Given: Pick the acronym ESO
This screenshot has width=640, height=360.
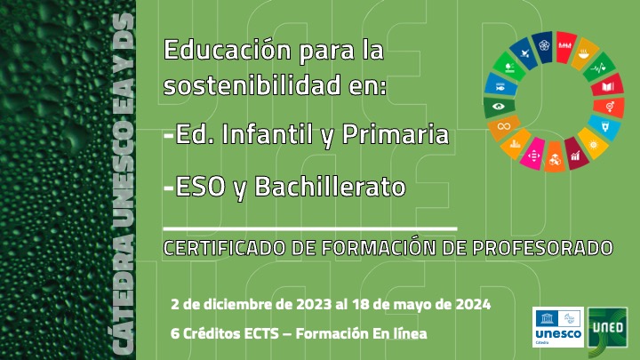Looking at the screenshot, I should click(196, 187).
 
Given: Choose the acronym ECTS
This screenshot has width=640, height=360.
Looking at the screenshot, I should click(254, 333).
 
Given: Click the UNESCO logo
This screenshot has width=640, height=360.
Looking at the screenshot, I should click(557, 326).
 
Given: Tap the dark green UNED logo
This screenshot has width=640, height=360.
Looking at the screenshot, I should click(607, 327).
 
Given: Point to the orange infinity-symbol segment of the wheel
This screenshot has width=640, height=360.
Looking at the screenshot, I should click(504, 127).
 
